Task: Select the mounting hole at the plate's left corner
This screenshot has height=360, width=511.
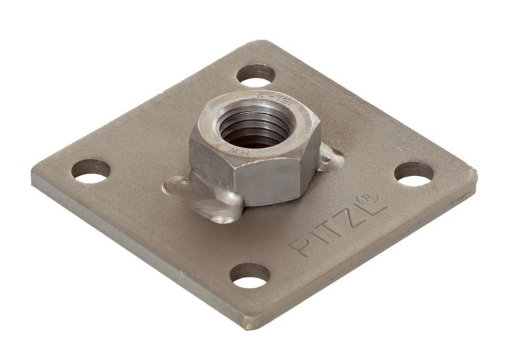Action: coord(91,170)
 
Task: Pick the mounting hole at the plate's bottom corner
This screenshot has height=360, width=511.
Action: coord(249,275)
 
